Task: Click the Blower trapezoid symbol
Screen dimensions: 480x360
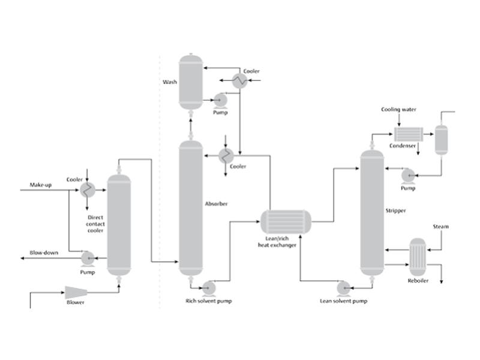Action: (x=76, y=293)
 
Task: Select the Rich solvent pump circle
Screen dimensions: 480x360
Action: (x=209, y=289)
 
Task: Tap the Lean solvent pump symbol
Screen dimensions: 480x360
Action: (x=344, y=289)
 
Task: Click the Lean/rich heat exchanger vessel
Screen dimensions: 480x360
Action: (x=286, y=221)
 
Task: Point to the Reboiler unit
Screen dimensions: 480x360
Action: (x=418, y=257)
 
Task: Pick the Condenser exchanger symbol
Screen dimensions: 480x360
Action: (x=409, y=134)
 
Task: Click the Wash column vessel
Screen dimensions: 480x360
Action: (x=191, y=82)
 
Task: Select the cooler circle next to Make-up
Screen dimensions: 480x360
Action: (x=88, y=190)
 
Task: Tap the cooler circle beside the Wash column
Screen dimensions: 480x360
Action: (x=239, y=81)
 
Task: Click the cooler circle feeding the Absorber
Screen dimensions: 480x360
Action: (x=226, y=156)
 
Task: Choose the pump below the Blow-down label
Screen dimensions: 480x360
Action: (x=88, y=259)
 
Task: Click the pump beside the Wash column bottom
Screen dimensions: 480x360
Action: (x=220, y=100)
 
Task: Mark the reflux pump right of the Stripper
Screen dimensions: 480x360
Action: (x=408, y=176)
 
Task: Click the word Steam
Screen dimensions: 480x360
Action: (x=440, y=227)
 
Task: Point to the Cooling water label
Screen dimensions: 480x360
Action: (x=398, y=109)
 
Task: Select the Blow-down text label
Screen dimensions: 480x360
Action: (x=44, y=253)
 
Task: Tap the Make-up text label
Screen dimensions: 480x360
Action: (x=40, y=185)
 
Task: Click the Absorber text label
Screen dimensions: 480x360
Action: (x=216, y=203)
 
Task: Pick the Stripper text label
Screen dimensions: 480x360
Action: (x=395, y=211)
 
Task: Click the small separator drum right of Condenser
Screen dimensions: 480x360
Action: (x=442, y=140)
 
